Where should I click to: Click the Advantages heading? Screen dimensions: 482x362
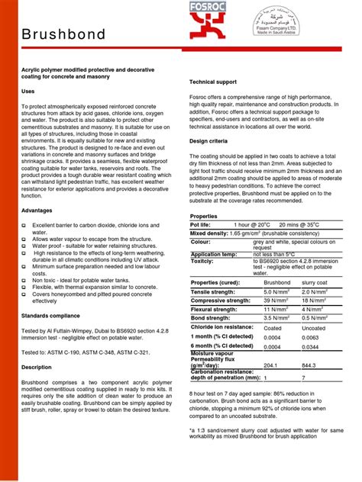37,209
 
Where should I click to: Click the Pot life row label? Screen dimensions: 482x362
201,225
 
